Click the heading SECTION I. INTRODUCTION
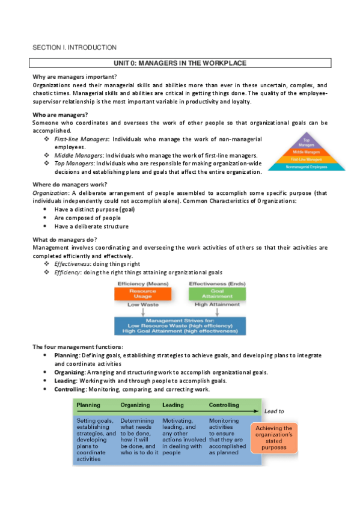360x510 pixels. click(x=74, y=47)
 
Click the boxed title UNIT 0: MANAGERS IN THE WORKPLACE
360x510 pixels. click(x=180, y=63)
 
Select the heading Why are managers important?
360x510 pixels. click(x=75, y=76)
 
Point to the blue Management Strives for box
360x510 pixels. click(x=180, y=325)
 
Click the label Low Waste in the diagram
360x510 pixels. click(x=142, y=305)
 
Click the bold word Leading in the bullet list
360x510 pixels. click(x=65, y=381)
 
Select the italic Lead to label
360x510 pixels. click(x=274, y=411)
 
